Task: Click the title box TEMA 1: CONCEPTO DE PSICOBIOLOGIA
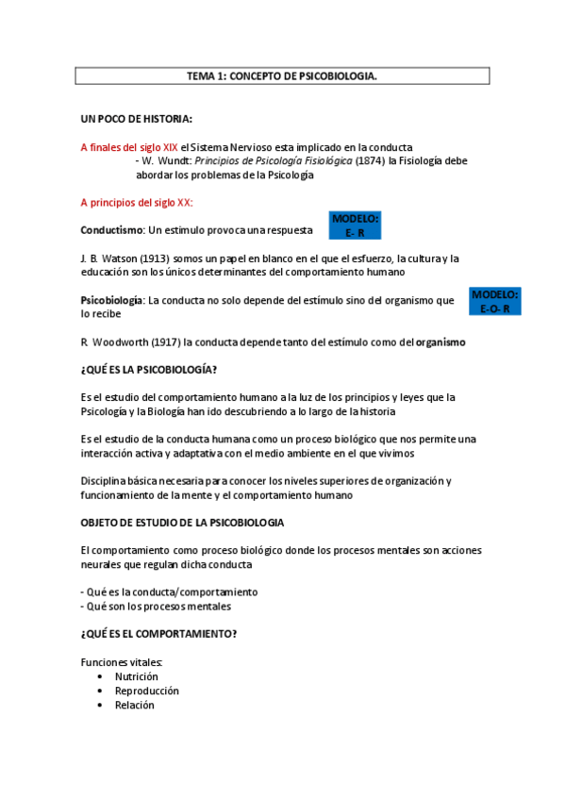click(x=282, y=76)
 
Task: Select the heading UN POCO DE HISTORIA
click(x=136, y=119)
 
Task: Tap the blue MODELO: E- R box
click(x=355, y=225)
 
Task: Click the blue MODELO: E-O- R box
click(x=494, y=302)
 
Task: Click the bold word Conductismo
click(x=111, y=229)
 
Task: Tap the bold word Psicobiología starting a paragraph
click(x=112, y=300)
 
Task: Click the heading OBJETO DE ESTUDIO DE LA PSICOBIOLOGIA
click(x=182, y=522)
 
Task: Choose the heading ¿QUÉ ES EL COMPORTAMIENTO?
click(x=158, y=633)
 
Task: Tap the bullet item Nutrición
click(x=136, y=676)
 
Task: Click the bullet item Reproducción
click(x=146, y=691)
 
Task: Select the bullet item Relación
click(x=134, y=705)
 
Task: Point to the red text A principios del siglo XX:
click(x=137, y=202)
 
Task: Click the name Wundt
click(x=174, y=161)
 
